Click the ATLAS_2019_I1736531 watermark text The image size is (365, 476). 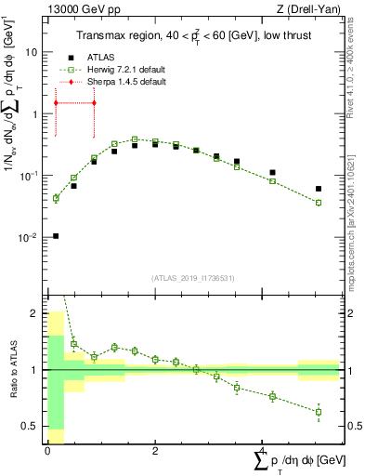coord(192,278)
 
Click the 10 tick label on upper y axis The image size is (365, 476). coord(31,53)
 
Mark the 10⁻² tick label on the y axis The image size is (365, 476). coord(28,237)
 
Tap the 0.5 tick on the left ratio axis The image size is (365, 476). coord(31,426)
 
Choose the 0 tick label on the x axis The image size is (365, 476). coord(47,450)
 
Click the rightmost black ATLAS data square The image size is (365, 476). coord(319,189)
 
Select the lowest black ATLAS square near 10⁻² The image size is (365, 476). coord(56,236)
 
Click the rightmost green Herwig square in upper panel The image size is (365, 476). coord(319,203)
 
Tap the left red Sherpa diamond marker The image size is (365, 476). coord(56,102)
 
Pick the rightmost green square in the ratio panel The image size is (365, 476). coord(319,412)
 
